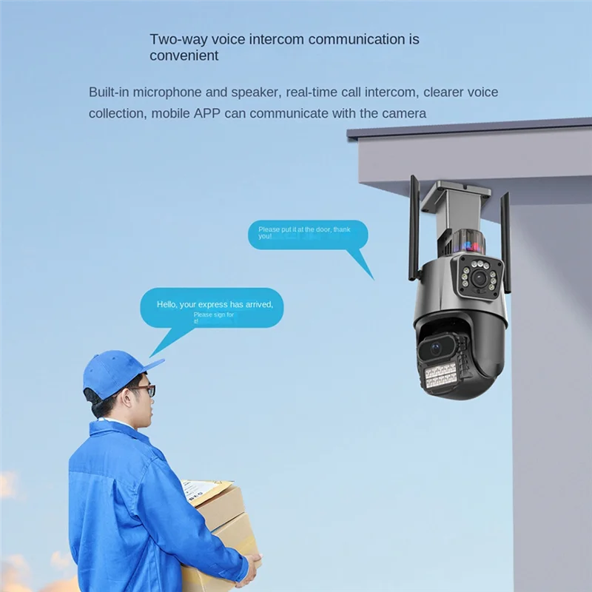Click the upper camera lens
[480, 279]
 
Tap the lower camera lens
[436, 346]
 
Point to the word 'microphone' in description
[173, 92]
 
